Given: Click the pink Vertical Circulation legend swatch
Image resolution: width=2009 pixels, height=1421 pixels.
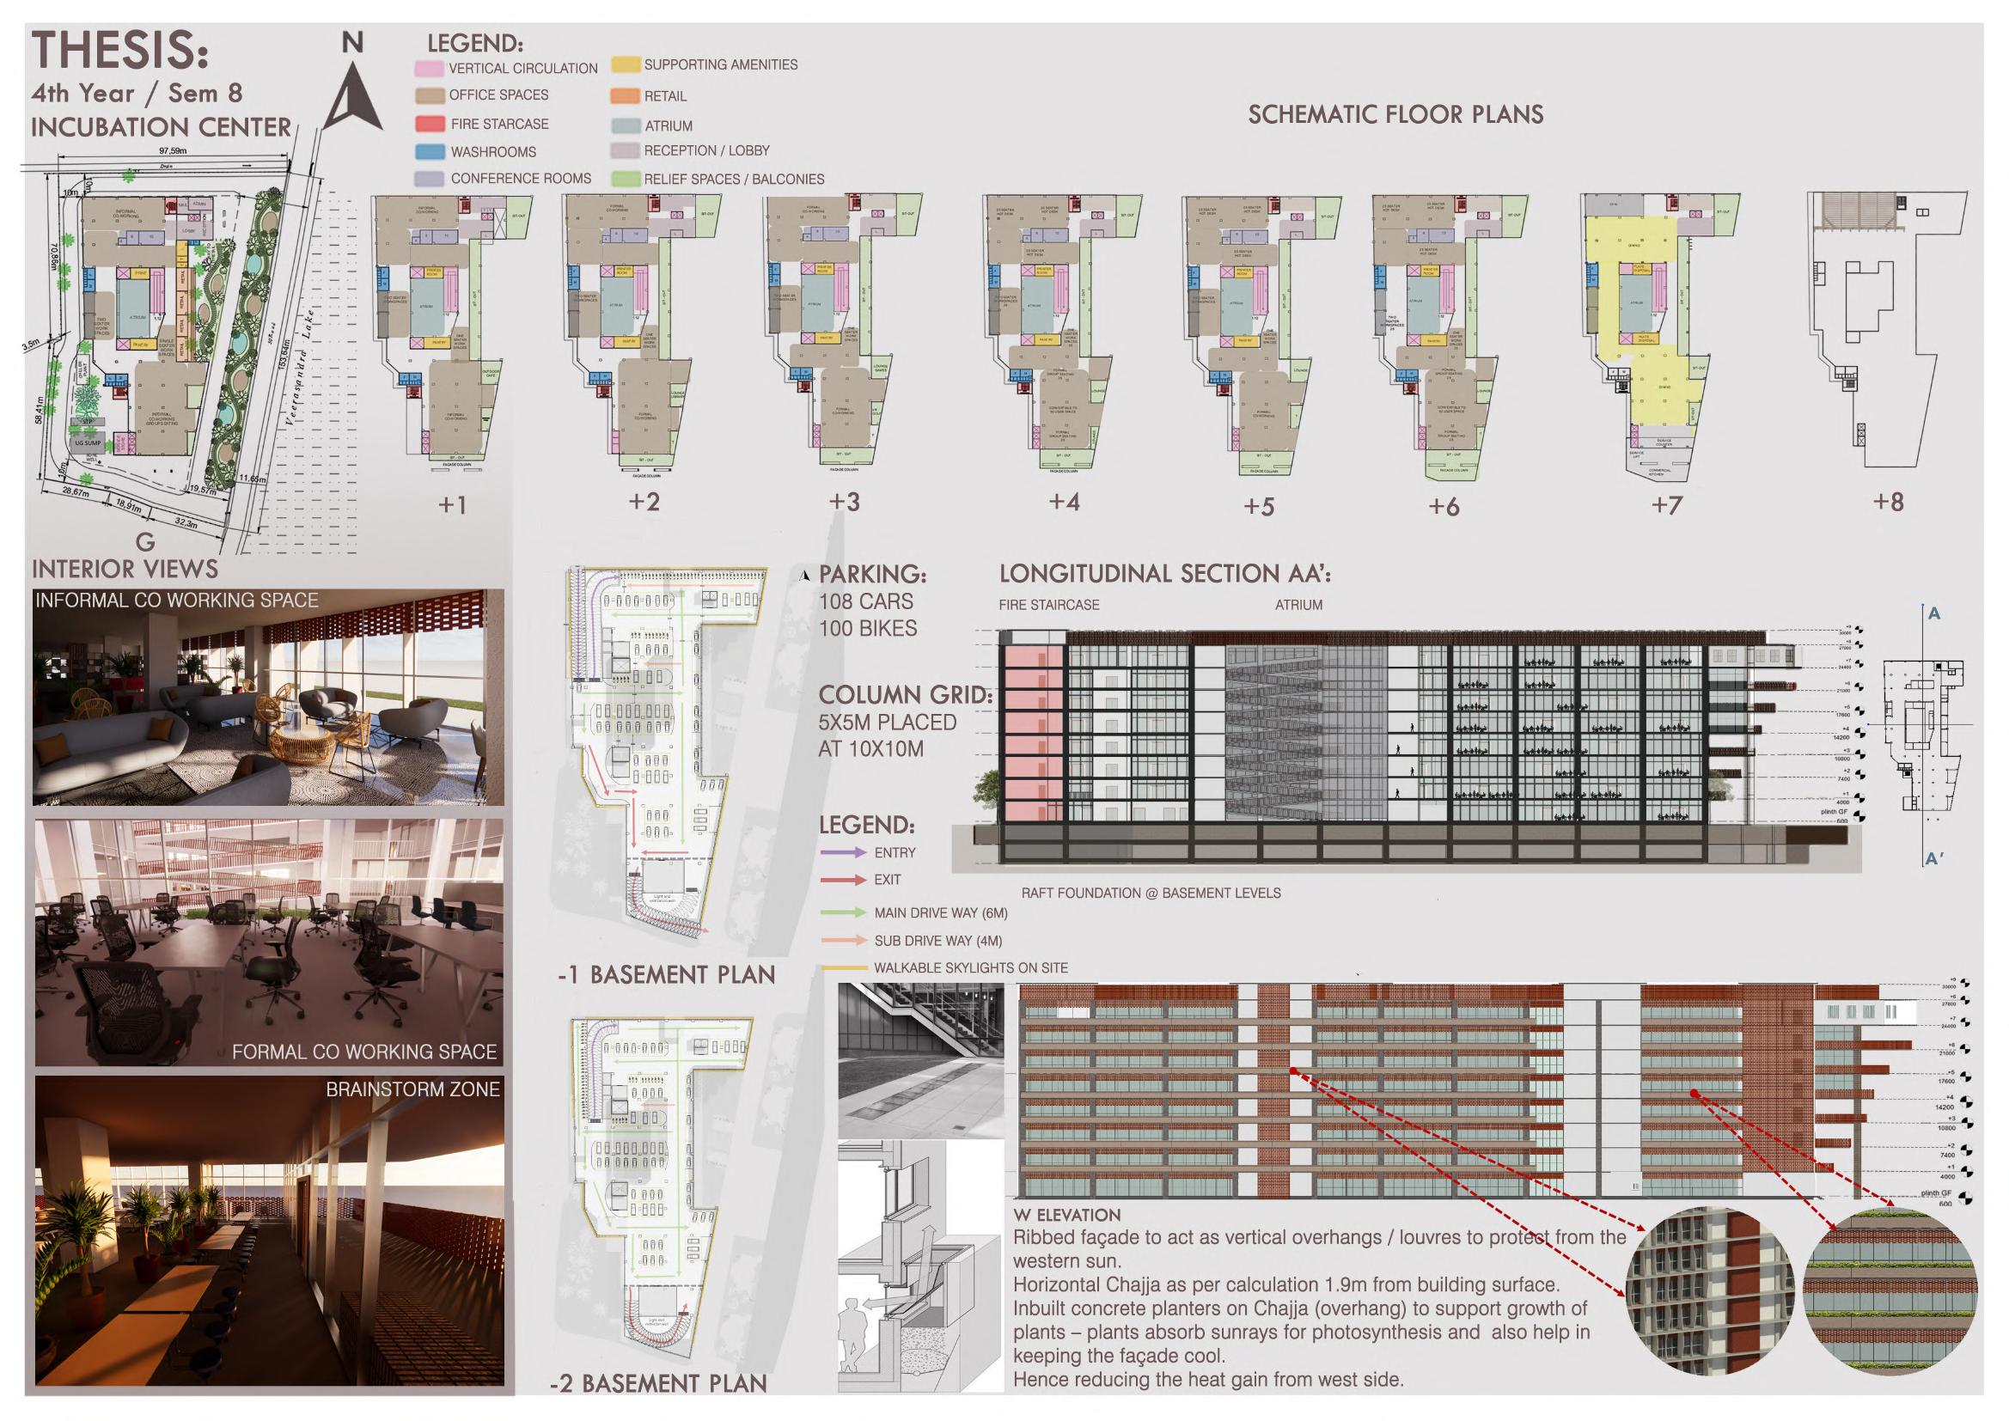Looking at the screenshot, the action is pyautogui.click(x=429, y=68).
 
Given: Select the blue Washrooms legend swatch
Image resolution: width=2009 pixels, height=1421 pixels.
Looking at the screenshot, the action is pyautogui.click(x=430, y=151).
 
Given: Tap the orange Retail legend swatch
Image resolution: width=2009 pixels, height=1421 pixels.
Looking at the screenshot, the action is pyautogui.click(x=626, y=96).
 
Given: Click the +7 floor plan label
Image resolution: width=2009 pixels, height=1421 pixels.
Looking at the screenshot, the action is pyautogui.click(x=1666, y=505).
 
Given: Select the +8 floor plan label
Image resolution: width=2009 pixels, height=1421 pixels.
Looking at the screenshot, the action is pyautogui.click(x=1888, y=503).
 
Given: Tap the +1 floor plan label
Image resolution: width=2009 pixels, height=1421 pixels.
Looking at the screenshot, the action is pyautogui.click(x=451, y=505).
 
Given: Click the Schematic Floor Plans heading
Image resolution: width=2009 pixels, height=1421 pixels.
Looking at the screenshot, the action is pyautogui.click(x=1395, y=114).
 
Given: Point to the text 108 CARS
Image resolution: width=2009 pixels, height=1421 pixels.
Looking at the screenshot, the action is pyautogui.click(x=865, y=602).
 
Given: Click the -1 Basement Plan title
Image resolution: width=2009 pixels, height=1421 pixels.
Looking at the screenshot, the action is pyautogui.click(x=666, y=975).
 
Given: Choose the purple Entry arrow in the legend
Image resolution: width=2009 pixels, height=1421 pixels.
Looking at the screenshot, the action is pyautogui.click(x=843, y=852).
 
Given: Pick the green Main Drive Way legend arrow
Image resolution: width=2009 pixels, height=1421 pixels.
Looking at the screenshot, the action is pyautogui.click(x=843, y=912).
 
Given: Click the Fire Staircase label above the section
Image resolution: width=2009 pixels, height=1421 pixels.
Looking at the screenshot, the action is pyautogui.click(x=1048, y=605).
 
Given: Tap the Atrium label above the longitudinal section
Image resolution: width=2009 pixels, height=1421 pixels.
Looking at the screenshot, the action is pyautogui.click(x=1298, y=605).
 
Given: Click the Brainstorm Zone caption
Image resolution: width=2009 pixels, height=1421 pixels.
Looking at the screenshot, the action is pyautogui.click(x=412, y=1089).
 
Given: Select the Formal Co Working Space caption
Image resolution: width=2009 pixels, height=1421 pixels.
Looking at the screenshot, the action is pyautogui.click(x=364, y=1052).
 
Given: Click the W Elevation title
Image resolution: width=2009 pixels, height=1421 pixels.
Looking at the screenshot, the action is pyautogui.click(x=1066, y=1216).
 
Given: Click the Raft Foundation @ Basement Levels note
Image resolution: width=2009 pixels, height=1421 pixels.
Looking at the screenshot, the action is pyautogui.click(x=1151, y=893).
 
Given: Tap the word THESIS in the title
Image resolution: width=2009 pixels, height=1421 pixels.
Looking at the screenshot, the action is pyautogui.click(x=120, y=51).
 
